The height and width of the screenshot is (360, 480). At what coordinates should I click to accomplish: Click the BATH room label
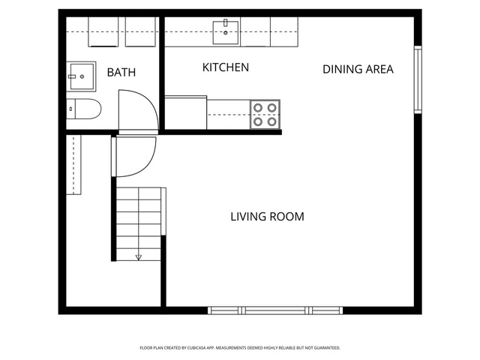point(121,73)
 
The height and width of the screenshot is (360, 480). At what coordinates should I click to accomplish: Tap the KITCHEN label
point(226,67)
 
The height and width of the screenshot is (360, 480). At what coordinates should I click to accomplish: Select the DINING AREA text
point(358,69)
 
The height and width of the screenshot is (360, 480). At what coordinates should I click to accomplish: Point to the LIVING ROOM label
point(267,217)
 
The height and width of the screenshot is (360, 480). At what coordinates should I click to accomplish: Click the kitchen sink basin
point(226,32)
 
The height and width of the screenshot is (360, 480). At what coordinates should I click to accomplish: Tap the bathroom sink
point(81,76)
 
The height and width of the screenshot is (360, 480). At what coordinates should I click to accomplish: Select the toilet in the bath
point(83,109)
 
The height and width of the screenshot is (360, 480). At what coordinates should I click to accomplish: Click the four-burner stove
point(265,115)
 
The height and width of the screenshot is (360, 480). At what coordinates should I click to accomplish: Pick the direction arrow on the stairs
point(139,257)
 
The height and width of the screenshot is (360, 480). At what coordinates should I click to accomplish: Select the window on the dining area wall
point(418,79)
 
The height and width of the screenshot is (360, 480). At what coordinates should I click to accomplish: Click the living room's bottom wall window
point(275,310)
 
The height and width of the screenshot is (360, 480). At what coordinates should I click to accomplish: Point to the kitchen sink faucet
point(226,23)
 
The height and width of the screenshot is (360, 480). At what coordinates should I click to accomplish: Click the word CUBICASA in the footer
point(197,348)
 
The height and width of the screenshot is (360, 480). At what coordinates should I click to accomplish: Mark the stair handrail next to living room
point(163,211)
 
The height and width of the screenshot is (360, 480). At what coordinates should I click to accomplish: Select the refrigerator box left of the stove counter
point(186,112)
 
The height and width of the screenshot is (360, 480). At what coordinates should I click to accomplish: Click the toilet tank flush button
point(70,109)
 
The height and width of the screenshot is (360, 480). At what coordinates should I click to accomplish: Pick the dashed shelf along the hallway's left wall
point(73,164)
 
